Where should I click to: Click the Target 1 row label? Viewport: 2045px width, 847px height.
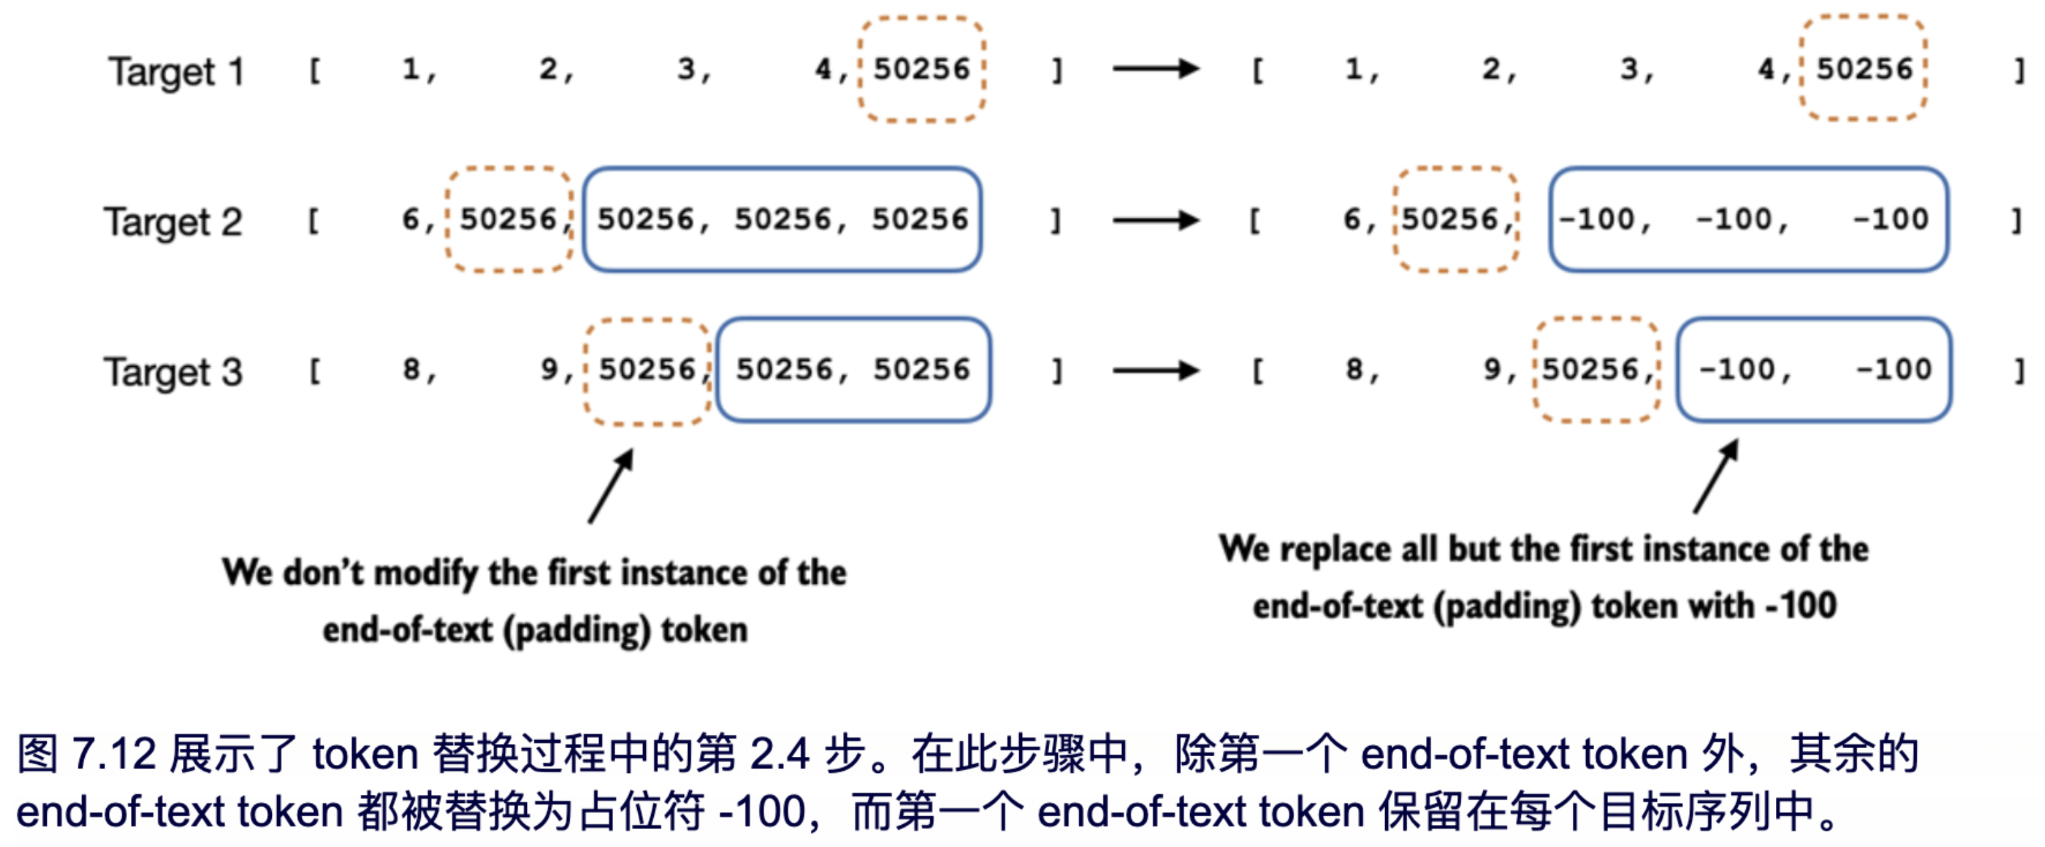coord(176,72)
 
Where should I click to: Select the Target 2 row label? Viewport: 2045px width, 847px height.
coord(173,222)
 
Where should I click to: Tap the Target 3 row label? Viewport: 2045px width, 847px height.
coord(173,371)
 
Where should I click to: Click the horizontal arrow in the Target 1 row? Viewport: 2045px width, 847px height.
coord(1155,69)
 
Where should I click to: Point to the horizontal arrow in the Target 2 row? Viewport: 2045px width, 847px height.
coord(1155,220)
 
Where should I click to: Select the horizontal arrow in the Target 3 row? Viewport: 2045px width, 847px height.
coord(1155,370)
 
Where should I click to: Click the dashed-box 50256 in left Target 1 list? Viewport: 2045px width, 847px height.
coord(922,69)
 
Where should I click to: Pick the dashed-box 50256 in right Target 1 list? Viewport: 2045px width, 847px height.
coord(1864,69)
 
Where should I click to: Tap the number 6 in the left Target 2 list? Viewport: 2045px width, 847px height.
coord(411,219)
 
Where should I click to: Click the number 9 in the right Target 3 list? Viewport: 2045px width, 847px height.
coord(1493,369)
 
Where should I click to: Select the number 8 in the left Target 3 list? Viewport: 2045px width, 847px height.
coord(411,369)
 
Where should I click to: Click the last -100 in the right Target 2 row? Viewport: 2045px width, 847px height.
coord(1890,219)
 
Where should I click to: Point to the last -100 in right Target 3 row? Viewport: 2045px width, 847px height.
coord(1893,369)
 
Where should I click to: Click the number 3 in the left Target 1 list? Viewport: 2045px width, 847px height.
coord(687,69)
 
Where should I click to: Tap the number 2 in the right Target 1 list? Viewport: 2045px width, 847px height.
coord(1491,69)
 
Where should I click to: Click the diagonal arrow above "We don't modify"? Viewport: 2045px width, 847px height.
coord(610,486)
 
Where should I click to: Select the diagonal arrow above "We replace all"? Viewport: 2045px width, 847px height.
coord(1716,477)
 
